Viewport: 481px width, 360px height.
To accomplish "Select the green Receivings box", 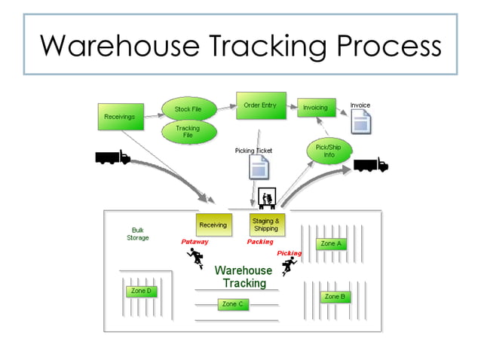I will pos(120,117).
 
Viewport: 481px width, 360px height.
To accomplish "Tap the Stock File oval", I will pos(188,109).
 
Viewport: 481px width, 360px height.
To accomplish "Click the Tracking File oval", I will pos(188,132).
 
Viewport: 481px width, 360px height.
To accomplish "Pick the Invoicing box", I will pos(315,108).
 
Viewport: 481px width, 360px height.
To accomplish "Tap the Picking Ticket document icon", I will pos(253,167).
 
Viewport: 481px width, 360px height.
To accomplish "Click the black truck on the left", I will pos(112,157).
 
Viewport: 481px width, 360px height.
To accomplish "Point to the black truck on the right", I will pos(370,164).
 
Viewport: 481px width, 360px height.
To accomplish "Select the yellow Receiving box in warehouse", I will pos(213,224).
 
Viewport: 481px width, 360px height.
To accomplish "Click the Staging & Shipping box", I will pos(265,224).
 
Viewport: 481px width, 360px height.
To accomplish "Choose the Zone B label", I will pos(335,297).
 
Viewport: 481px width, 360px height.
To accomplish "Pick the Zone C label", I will pos(232,304).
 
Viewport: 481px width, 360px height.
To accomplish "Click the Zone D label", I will pos(141,291).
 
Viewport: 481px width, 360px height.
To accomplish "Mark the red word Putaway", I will pos(195,243).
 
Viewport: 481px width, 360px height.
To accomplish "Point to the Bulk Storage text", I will pos(138,233).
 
